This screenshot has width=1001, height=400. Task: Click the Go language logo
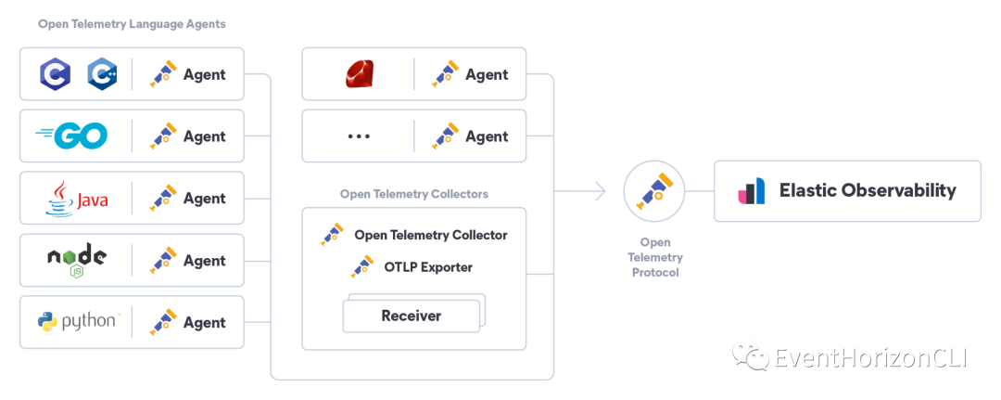(x=72, y=136)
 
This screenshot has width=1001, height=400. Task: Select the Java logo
(x=77, y=199)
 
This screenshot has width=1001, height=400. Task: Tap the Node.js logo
(x=76, y=261)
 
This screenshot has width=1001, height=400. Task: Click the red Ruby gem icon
(x=359, y=74)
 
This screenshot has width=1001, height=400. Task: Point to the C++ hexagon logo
(x=102, y=74)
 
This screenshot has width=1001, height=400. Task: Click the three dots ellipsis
(x=359, y=136)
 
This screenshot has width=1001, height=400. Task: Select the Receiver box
(x=412, y=316)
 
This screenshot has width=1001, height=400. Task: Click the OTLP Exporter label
(x=428, y=267)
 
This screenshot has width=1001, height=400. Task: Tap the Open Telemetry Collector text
(x=431, y=235)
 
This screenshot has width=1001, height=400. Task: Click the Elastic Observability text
(x=868, y=190)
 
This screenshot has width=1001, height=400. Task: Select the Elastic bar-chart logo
(x=752, y=190)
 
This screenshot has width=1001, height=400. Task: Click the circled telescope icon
(x=654, y=190)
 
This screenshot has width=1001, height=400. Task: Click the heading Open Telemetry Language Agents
(x=132, y=24)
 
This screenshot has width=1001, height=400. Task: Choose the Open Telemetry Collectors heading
(x=414, y=194)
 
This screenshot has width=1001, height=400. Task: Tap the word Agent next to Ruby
(x=487, y=74)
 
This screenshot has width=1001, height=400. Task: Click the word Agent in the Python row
(x=205, y=322)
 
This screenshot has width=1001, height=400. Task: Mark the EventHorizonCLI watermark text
(x=869, y=357)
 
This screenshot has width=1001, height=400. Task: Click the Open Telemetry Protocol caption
(x=654, y=257)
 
